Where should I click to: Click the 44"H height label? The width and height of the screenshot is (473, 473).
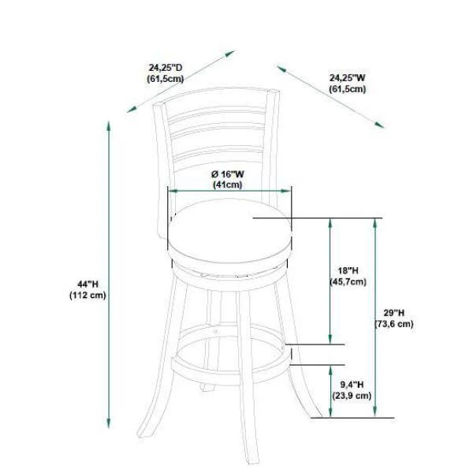88,284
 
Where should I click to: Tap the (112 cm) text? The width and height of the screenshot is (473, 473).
88,296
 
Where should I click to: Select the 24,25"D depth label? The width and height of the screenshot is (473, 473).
166,68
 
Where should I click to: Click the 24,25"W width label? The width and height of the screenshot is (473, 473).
347,78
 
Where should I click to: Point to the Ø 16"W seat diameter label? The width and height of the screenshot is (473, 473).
228,174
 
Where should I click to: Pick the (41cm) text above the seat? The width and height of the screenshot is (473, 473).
228,184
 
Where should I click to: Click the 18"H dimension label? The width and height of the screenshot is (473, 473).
348,270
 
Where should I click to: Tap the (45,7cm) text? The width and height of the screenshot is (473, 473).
348,281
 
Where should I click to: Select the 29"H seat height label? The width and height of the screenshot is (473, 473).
394,312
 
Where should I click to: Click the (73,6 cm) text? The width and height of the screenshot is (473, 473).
394,324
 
